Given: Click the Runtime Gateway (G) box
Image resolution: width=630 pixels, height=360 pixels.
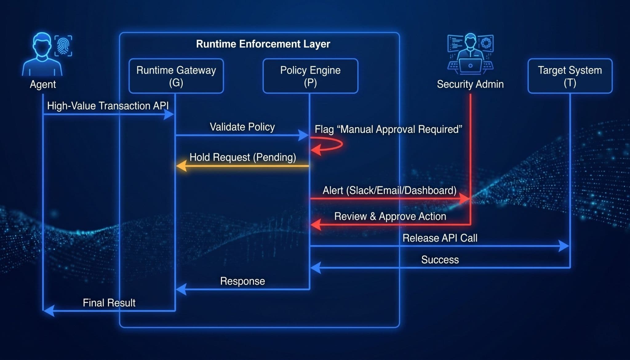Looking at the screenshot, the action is point(176,76).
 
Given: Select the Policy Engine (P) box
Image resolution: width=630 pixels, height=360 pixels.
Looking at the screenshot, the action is point(310,76).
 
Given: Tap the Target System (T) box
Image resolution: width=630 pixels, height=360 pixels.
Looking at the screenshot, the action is point(570,76).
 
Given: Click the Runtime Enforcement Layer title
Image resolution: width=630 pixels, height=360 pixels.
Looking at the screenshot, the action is point(263,44).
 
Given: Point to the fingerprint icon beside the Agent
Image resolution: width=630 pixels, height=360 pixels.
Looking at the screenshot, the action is point(63,46).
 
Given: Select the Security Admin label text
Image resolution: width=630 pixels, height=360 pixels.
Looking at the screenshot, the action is point(470,84).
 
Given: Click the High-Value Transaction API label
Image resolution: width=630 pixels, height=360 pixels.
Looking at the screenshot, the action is point(108,106).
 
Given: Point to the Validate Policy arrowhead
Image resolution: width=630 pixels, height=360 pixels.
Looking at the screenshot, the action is point(304,135).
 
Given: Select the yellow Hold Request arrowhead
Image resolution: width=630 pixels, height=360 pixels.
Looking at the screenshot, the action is point(181,166).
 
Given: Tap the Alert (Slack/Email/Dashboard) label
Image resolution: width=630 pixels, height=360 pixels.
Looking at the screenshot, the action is point(389,190).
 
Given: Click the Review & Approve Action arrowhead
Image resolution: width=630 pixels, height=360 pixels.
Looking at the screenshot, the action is point(316,225).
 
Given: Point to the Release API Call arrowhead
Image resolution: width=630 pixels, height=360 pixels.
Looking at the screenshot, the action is point(564,246).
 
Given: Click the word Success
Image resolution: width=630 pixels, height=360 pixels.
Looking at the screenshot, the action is point(440,260).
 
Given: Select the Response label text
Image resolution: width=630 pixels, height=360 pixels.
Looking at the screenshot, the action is point(242,281).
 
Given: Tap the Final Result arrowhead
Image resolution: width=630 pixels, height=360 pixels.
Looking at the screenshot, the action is point(49,310).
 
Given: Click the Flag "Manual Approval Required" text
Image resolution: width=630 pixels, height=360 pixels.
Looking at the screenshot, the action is point(388,129).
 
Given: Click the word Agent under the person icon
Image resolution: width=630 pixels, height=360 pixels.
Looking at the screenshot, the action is point(43,84).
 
